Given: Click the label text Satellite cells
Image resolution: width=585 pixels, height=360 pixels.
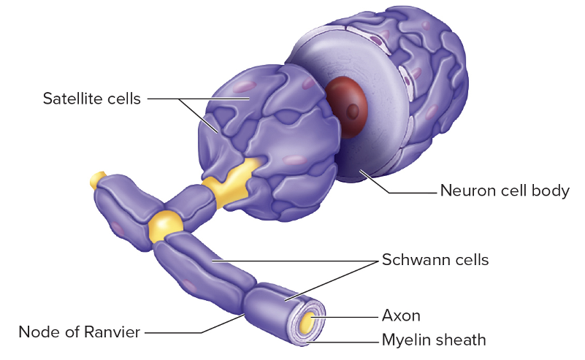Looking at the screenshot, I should click(x=91, y=99).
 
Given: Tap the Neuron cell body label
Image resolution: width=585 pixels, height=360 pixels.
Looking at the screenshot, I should click(x=504, y=191).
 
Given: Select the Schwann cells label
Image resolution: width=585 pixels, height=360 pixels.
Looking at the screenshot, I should click(x=435, y=260).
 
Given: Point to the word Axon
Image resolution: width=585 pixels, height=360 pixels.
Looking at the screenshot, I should click(x=401, y=315).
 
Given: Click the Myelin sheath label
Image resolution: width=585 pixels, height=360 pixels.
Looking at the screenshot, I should click(x=433, y=340).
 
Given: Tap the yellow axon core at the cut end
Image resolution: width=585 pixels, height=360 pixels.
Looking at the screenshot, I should click(x=310, y=320).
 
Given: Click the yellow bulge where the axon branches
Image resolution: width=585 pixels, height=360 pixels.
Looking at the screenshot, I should click(x=164, y=224).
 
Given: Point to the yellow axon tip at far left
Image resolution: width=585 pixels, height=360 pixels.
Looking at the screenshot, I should click(x=96, y=179).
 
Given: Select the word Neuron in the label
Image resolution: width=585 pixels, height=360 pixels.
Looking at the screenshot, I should click(x=462, y=191).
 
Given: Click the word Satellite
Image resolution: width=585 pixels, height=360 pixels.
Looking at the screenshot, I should click(x=73, y=99).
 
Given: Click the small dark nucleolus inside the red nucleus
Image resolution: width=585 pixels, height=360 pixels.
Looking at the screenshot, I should click(x=353, y=112).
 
